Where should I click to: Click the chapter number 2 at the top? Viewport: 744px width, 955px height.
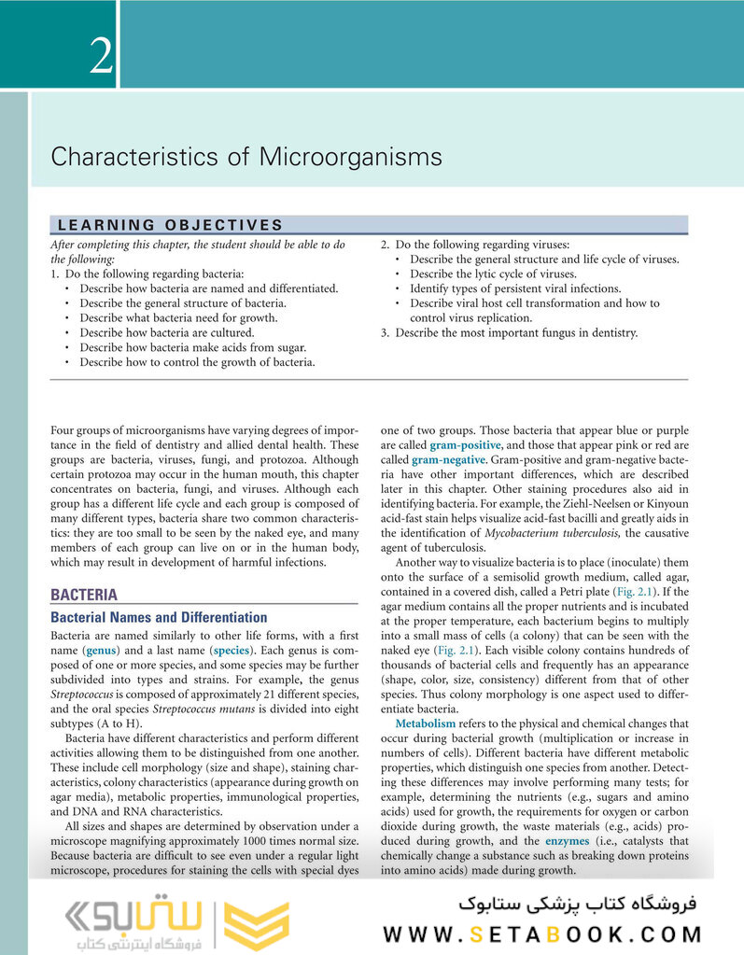coord(101,57)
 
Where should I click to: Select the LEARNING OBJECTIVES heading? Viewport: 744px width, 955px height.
coord(170,225)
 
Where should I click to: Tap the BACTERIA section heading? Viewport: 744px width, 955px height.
coord(84,595)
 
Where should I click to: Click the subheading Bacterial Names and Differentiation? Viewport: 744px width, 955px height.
coord(159,617)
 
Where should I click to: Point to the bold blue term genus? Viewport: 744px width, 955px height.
coord(100,649)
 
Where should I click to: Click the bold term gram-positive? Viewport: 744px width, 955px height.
coord(465,445)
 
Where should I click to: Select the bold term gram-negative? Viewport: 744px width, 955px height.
coord(449,460)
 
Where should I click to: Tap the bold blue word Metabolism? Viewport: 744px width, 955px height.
coord(426,723)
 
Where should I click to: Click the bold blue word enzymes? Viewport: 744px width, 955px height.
coord(543,841)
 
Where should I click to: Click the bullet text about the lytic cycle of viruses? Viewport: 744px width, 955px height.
coord(493,274)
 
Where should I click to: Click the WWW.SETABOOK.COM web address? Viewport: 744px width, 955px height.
coord(542,933)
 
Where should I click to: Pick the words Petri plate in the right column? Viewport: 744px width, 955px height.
coord(582,592)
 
